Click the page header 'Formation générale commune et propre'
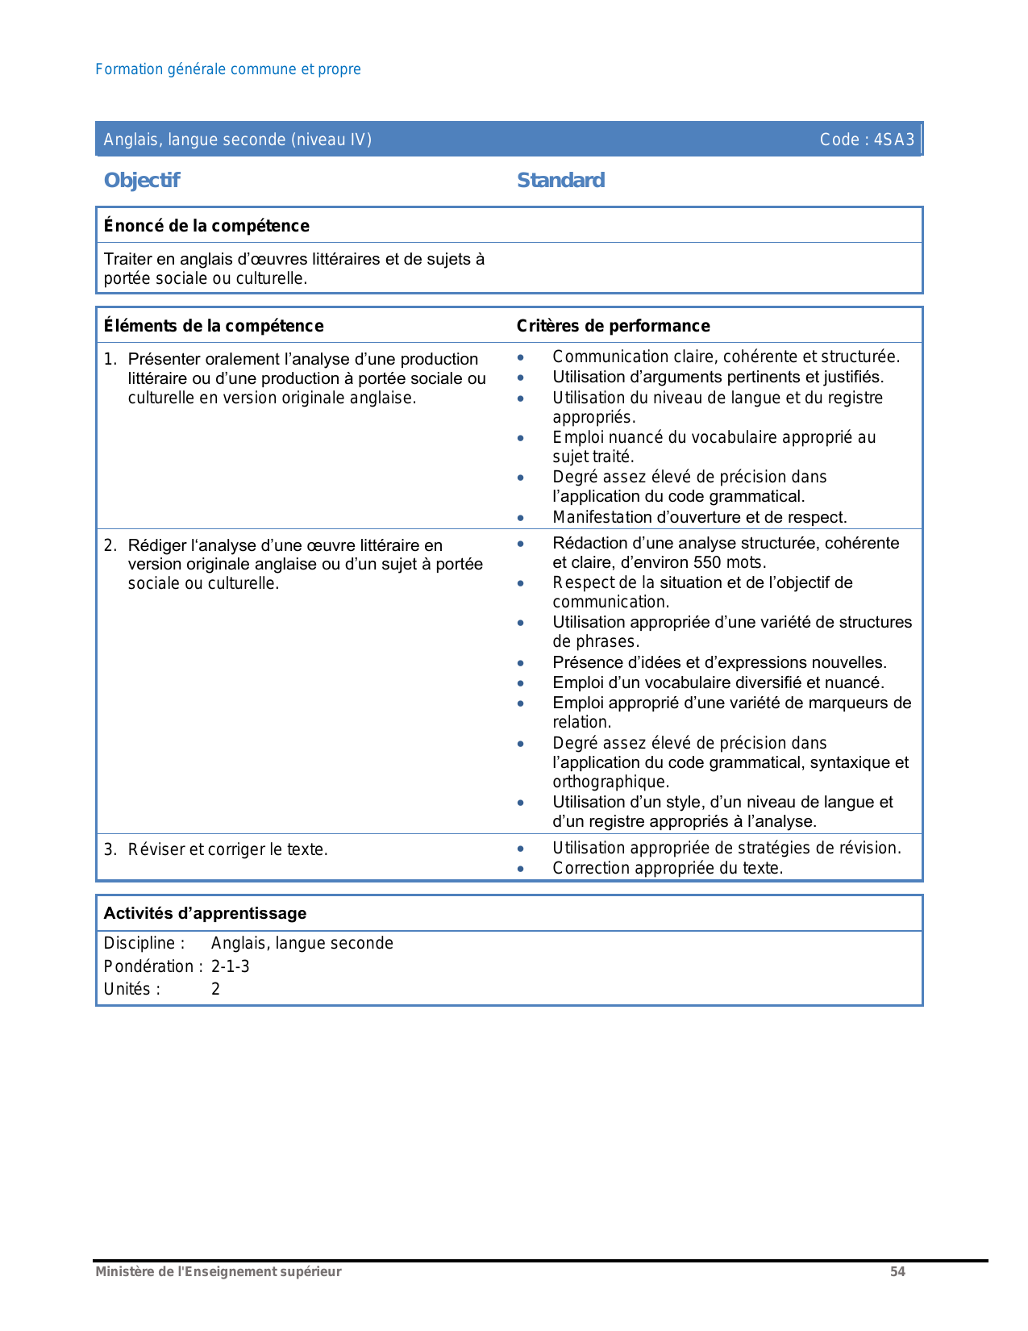coord(227,69)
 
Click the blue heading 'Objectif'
coord(142,180)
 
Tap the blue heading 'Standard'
coord(560,180)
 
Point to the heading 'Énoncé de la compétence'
coord(206,226)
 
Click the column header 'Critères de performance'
coord(613,326)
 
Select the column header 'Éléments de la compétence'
coord(214,326)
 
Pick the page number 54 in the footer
coord(897,1271)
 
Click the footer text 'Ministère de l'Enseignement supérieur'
coord(219,1271)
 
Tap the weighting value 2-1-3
coord(231,966)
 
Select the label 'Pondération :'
coord(153,966)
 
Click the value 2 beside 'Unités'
coord(216,989)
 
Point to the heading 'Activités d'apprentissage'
coord(205,913)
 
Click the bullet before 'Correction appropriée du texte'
coord(522,869)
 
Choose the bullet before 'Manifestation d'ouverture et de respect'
coord(522,518)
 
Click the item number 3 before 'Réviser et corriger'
coord(110,849)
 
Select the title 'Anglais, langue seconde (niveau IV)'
coord(238,140)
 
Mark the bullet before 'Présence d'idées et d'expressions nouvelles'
coord(522,663)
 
